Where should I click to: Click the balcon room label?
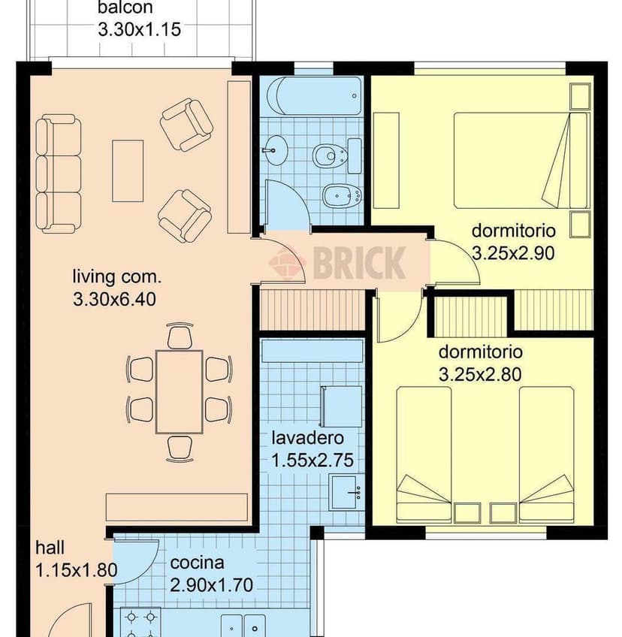[x=125, y=9]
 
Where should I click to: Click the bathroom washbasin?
[x=275, y=151]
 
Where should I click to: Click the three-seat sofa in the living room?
[x=59, y=174]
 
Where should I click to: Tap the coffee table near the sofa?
[x=128, y=171]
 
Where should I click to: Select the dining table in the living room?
[x=179, y=391]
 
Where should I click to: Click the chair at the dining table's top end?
[x=180, y=337]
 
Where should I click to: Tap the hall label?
[x=50, y=548]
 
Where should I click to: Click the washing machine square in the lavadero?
[x=342, y=406]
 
